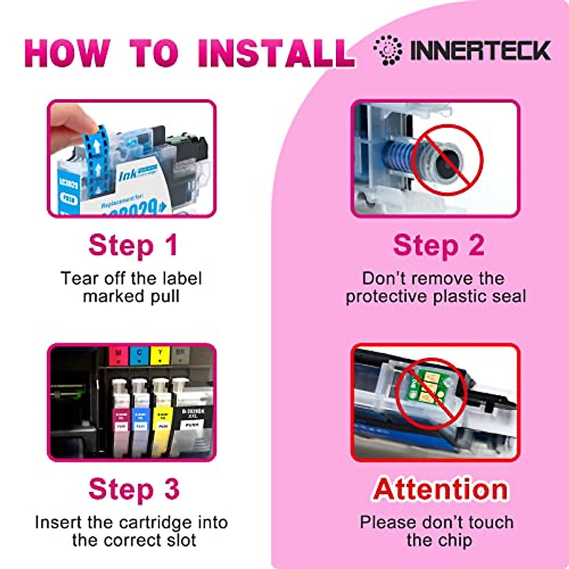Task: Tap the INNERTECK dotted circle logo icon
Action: (x=387, y=50)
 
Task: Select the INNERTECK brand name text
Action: (x=480, y=50)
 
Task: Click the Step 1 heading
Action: (x=133, y=246)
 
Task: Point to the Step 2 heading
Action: (x=439, y=246)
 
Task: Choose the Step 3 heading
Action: (x=134, y=489)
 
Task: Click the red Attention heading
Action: (x=440, y=489)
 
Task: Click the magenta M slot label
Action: (x=119, y=355)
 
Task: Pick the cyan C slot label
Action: (x=139, y=355)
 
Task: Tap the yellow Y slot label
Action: (x=160, y=355)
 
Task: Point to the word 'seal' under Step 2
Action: (x=509, y=296)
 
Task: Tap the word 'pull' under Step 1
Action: (x=165, y=296)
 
